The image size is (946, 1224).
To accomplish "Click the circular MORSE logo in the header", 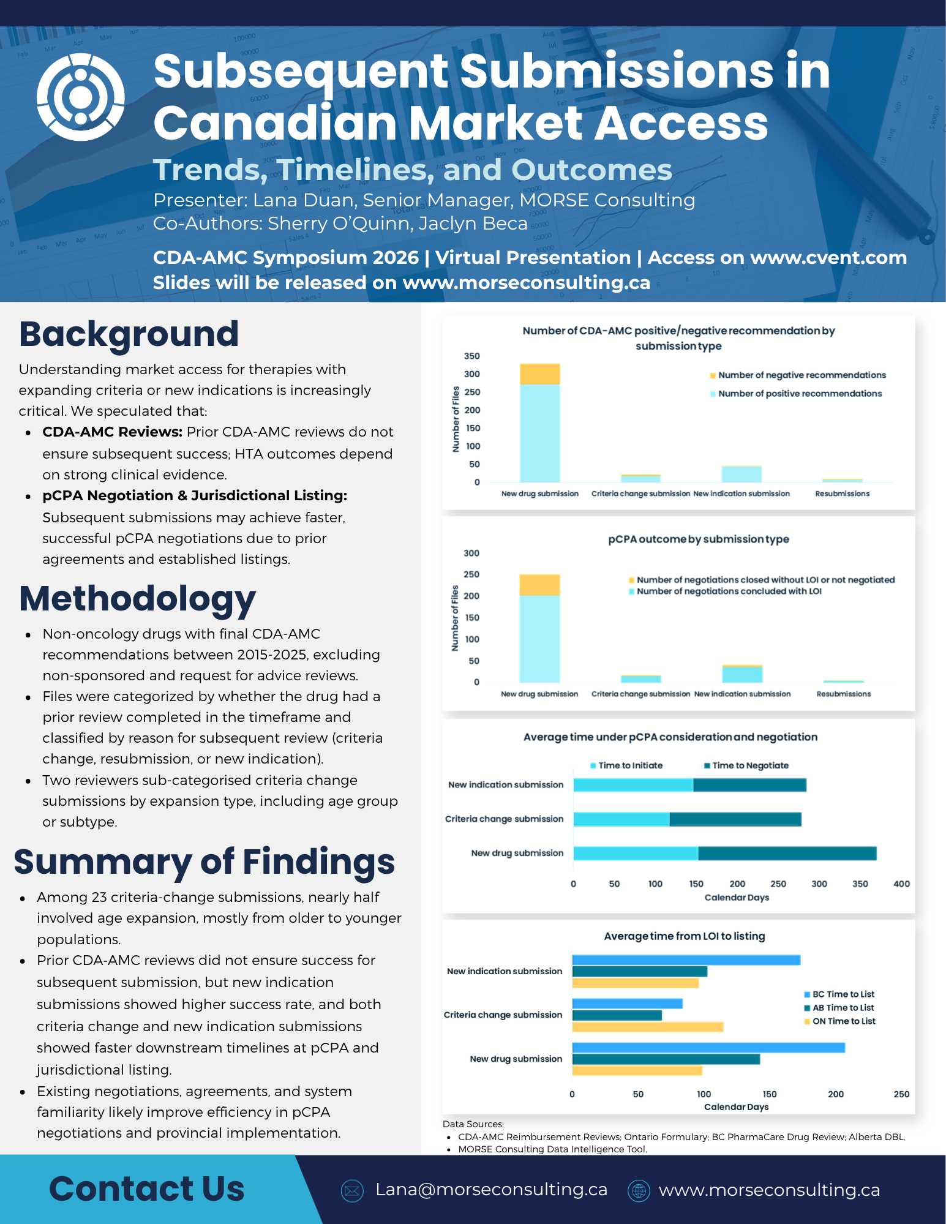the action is [x=81, y=97].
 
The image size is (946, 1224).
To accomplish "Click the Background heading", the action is [x=129, y=334].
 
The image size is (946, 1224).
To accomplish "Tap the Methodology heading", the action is [x=137, y=599].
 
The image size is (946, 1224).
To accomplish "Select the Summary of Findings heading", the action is [x=205, y=862].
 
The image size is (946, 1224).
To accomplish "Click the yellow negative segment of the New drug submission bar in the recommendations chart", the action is [x=539, y=374].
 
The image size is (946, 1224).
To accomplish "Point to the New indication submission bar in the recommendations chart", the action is [x=741, y=474].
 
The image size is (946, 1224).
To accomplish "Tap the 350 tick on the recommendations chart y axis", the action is [x=472, y=356].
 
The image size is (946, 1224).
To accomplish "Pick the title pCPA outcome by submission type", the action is [x=699, y=539].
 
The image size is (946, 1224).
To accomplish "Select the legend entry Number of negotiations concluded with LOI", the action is [x=725, y=591].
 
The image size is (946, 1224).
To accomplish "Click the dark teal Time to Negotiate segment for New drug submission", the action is [x=787, y=853].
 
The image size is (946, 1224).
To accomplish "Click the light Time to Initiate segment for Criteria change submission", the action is [x=621, y=819].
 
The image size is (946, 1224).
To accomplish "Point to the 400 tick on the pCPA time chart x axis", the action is [x=901, y=884].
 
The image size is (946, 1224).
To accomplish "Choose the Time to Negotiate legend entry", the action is [x=746, y=765].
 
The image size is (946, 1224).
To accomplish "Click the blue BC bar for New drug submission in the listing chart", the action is [x=708, y=1048].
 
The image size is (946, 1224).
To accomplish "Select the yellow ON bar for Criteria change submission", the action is [x=648, y=1027].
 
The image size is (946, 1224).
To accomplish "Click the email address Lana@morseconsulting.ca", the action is [x=491, y=1190].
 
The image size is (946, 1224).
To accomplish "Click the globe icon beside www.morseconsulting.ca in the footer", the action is [x=639, y=1190].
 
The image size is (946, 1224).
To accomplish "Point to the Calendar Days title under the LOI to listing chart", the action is [x=736, y=1107].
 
